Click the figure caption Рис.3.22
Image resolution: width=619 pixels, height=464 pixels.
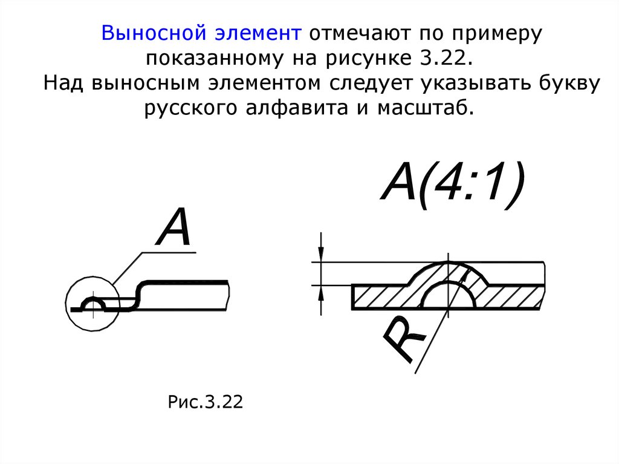(205, 403)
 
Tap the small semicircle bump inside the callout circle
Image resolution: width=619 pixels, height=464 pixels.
(95, 304)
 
